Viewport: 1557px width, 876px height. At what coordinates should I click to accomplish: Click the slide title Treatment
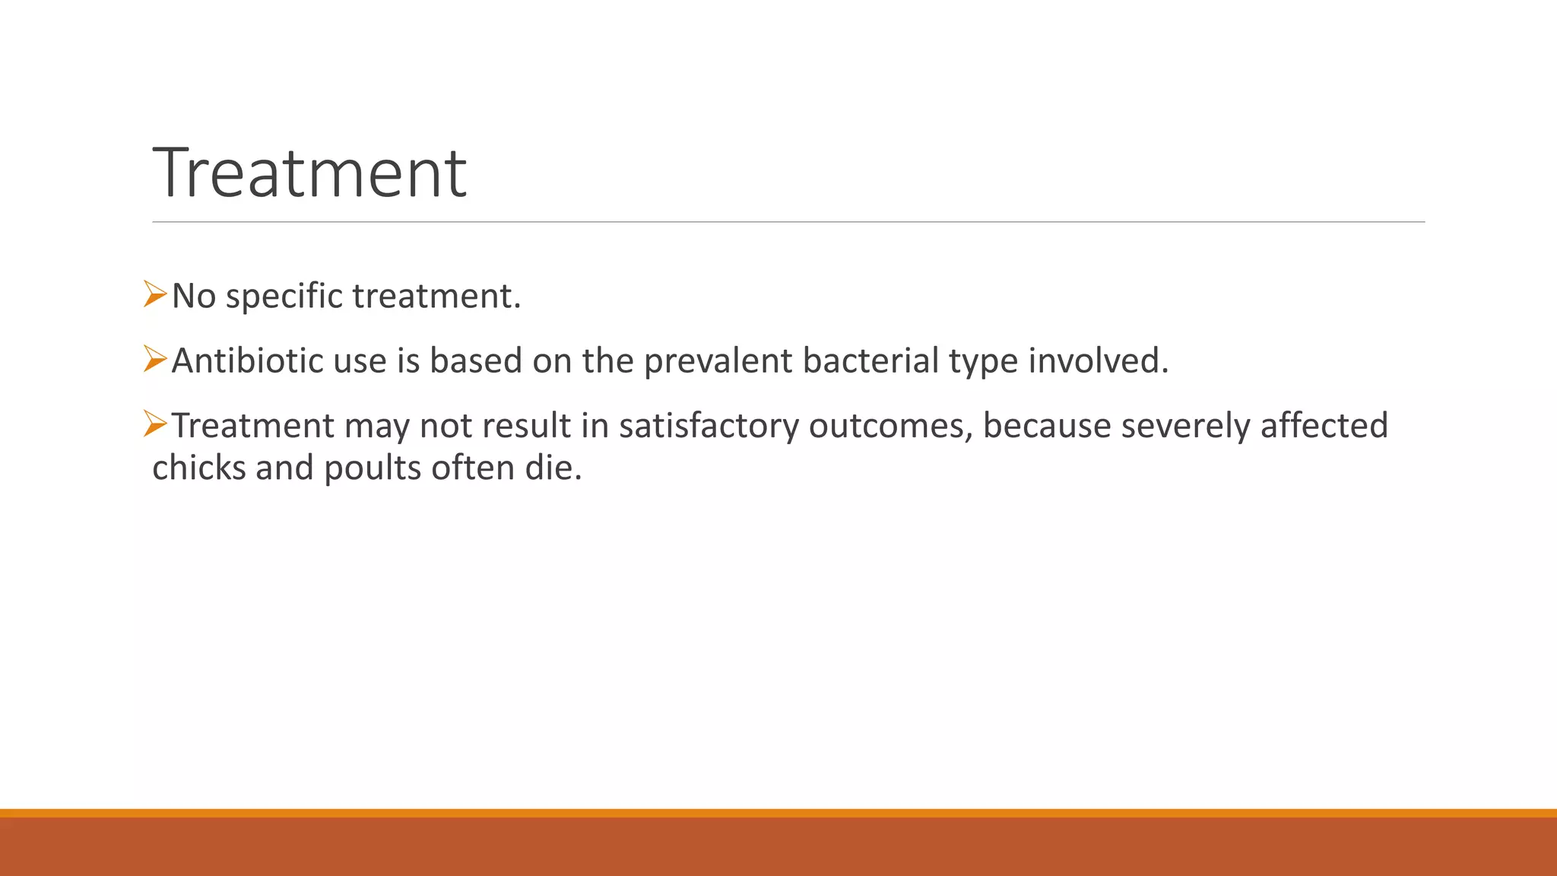pyautogui.click(x=309, y=173)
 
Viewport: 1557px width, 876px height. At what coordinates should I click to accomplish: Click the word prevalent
pyautogui.click(x=718, y=361)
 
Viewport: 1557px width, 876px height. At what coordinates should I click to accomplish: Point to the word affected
pyautogui.click(x=1324, y=425)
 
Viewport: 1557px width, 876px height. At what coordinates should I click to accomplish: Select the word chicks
pyautogui.click(x=198, y=468)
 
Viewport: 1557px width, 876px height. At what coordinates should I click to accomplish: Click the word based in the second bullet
pyautogui.click(x=475, y=360)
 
